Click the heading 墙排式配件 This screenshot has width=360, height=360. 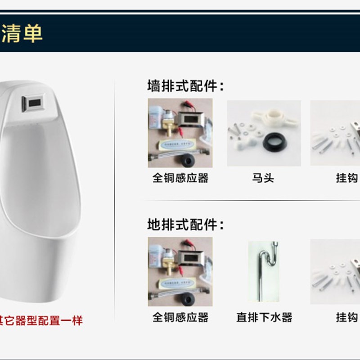click(x=185, y=86)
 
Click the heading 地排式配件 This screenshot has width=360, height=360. click(x=185, y=225)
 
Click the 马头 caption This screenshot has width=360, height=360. click(x=263, y=178)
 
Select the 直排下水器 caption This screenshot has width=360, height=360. click(x=264, y=317)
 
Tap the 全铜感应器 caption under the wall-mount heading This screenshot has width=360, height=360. click(x=180, y=178)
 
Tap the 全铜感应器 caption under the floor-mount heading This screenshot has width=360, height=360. click(x=180, y=317)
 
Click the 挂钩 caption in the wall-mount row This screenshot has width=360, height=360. click(x=346, y=178)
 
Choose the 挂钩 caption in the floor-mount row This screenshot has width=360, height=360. click(x=346, y=317)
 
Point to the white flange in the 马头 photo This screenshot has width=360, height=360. click(x=265, y=118)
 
